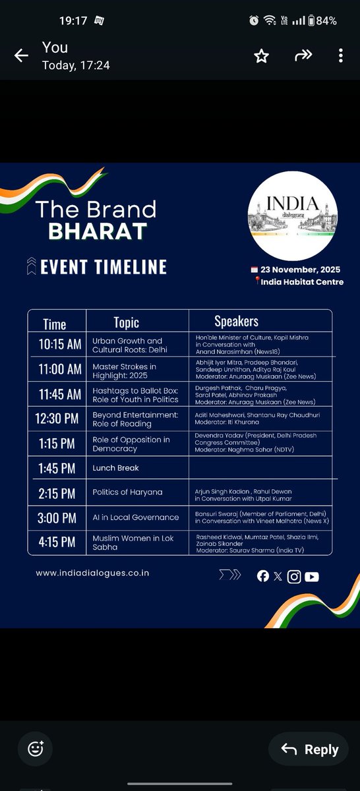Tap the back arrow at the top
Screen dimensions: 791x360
pos(21,56)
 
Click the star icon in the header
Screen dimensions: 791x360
pos(262,57)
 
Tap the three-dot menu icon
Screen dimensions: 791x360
pos(340,56)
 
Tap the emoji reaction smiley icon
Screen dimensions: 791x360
pos(36,749)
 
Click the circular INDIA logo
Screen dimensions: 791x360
pos(293,217)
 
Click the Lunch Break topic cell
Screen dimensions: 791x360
pos(115,468)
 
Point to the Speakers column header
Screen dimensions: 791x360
pos(236,322)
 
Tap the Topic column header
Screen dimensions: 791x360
pos(126,322)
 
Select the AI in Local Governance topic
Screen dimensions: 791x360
pos(136,517)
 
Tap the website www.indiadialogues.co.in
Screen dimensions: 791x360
pos(92,573)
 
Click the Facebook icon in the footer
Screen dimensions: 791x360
pos(263,577)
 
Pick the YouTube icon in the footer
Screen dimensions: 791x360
pos(312,577)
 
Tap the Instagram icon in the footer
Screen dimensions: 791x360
pos(295,577)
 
